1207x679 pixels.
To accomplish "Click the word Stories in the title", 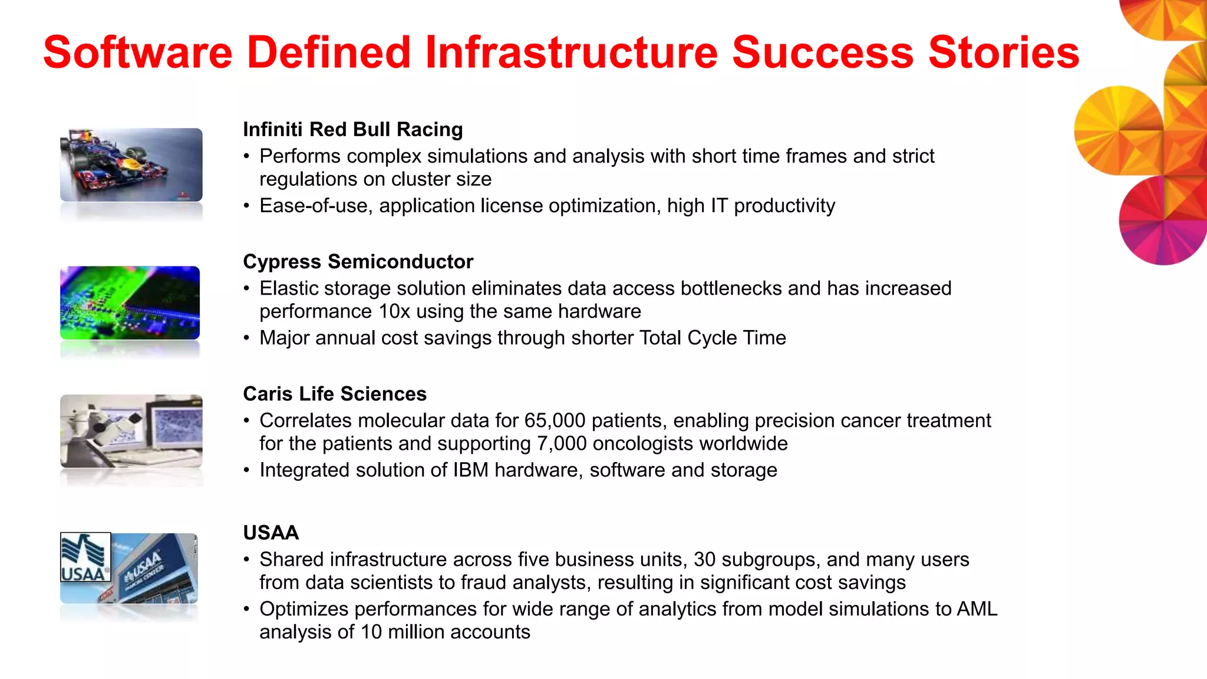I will coord(1003,52).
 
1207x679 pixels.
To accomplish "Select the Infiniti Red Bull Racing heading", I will coord(352,129).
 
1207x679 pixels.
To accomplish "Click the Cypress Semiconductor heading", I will coord(358,261).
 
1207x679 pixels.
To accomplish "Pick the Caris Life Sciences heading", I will coord(334,393).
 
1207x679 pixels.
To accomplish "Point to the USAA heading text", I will coord(271,532).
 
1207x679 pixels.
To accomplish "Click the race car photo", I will coord(131,164).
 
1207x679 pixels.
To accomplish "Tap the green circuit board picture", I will coord(130,302).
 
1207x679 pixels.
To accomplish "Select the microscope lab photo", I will coord(131,431).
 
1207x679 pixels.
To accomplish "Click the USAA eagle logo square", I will coord(85,557).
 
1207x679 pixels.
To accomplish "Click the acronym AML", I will coord(977,608).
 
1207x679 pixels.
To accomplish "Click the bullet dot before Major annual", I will coord(247,338).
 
